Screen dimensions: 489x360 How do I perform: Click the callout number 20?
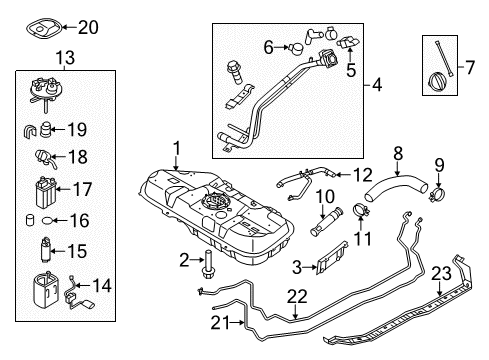[x=88, y=27]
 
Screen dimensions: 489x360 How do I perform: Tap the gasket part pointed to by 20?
[x=44, y=28]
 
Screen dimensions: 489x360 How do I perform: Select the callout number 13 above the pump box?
[x=65, y=58]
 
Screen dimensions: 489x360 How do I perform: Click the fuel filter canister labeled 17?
[x=46, y=193]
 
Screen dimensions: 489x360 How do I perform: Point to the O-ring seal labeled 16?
[x=48, y=220]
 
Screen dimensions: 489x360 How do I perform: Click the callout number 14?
[x=101, y=286]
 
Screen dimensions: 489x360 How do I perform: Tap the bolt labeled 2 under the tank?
[x=208, y=265]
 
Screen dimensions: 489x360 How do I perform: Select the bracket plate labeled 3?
[x=331, y=259]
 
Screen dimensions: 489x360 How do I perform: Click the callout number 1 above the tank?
[x=177, y=149]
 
